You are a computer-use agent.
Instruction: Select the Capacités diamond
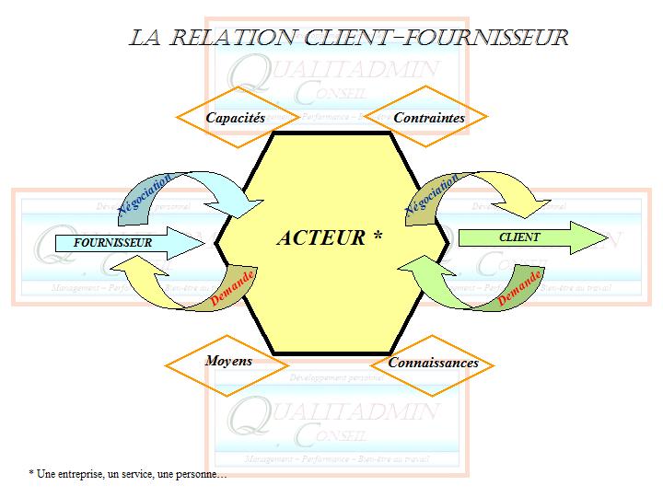coord(235,118)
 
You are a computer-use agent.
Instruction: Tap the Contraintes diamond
coord(428,118)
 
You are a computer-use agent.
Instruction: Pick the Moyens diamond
coord(228,361)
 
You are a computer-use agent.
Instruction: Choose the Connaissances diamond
coord(433,363)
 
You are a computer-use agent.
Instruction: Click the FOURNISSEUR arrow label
coord(112,243)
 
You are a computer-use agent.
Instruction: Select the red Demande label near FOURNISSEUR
coord(232,289)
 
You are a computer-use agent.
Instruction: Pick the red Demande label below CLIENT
coord(518,289)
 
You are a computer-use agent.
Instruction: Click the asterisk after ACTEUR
coord(378,237)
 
